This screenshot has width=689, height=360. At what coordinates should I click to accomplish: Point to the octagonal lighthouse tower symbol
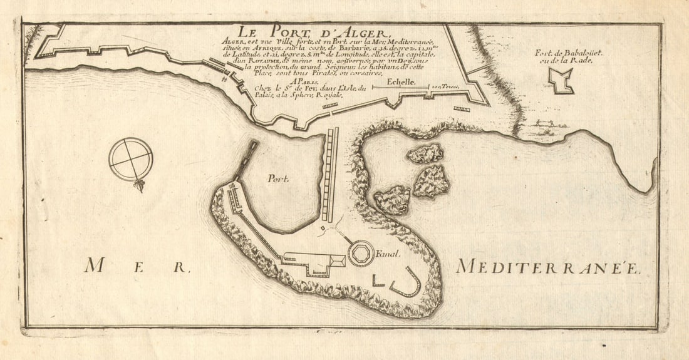(x=361, y=254)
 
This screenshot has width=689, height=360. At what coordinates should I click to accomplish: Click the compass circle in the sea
(x=130, y=159)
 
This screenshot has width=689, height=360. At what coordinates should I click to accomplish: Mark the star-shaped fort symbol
(x=561, y=80)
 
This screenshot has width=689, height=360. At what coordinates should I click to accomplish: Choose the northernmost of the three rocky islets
(x=425, y=153)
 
